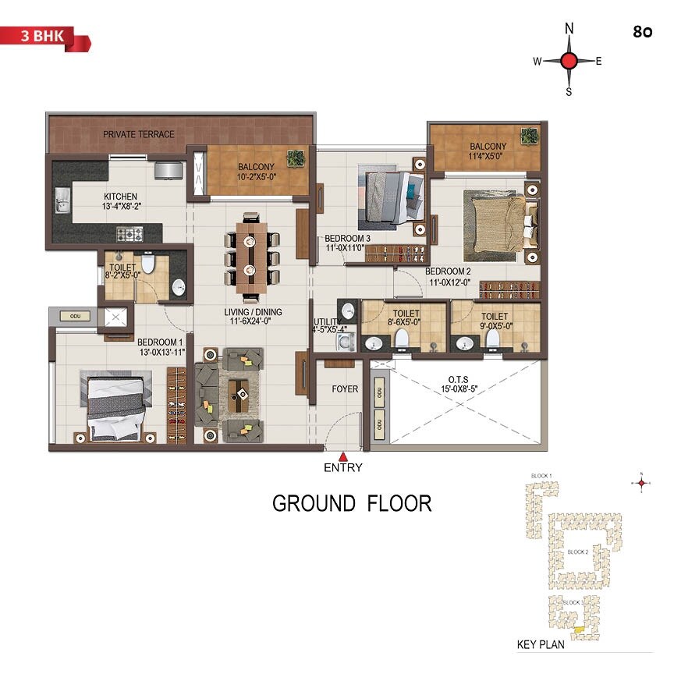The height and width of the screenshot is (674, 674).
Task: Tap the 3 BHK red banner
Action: pyautogui.click(x=45, y=36)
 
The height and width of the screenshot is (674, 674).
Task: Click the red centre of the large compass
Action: pyautogui.click(x=569, y=61)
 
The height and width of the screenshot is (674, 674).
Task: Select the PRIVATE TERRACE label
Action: pyautogui.click(x=139, y=134)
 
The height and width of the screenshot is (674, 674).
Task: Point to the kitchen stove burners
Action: pyautogui.click(x=130, y=233)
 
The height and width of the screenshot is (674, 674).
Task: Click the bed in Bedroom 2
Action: pyautogui.click(x=495, y=226)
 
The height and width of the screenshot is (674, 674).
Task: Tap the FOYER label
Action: pyautogui.click(x=344, y=388)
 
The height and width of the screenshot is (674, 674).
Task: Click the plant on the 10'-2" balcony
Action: pyautogui.click(x=295, y=160)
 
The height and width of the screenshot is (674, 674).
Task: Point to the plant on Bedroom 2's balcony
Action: pyautogui.click(x=530, y=136)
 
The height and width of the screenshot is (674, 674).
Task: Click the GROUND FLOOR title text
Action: pyautogui.click(x=352, y=503)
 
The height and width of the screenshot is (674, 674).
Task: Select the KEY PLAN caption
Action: pyautogui.click(x=540, y=645)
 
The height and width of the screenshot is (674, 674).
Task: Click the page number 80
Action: pyautogui.click(x=644, y=33)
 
